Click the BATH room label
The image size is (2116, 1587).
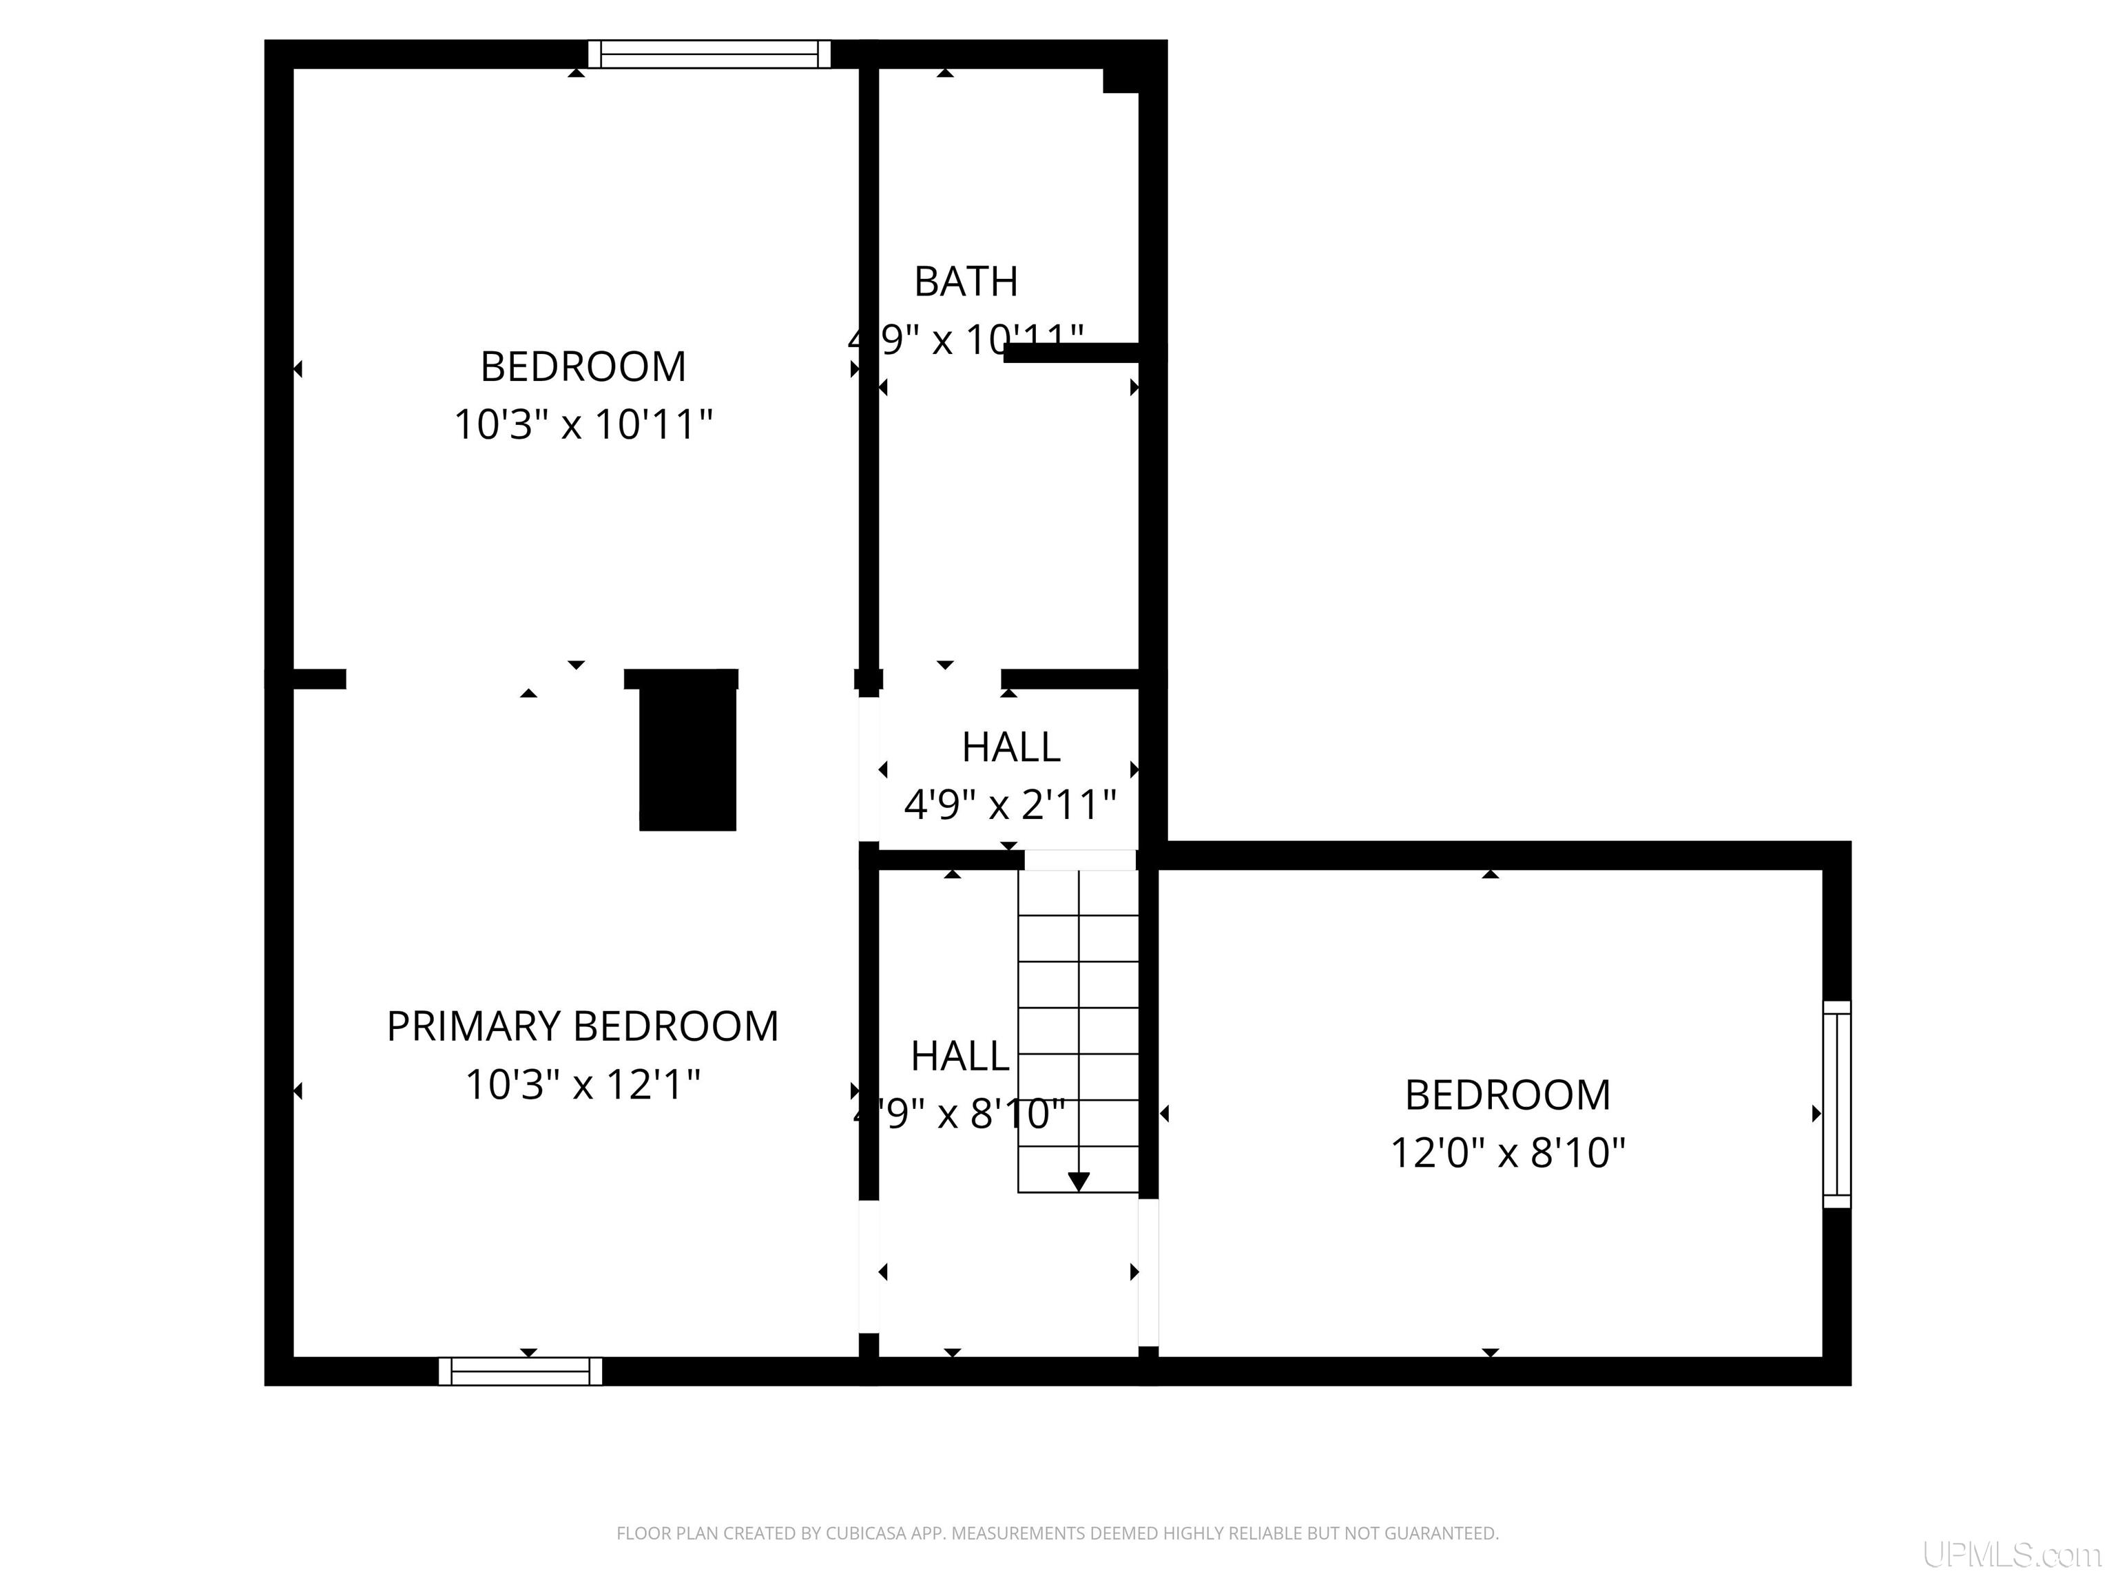pyautogui.click(x=965, y=281)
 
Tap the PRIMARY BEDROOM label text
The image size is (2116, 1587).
pyautogui.click(x=583, y=1026)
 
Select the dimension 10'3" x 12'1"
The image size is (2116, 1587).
pyautogui.click(x=583, y=1085)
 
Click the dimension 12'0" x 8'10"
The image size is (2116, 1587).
pyautogui.click(x=1508, y=1152)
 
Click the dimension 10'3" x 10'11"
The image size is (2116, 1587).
pyautogui.click(x=583, y=424)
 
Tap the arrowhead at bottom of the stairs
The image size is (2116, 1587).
pyautogui.click(x=1078, y=1181)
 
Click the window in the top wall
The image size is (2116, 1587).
pyautogui.click(x=709, y=54)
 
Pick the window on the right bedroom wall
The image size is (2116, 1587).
pyautogui.click(x=1836, y=1104)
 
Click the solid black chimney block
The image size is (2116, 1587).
pyautogui.click(x=687, y=756)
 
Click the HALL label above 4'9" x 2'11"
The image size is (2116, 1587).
pyautogui.click(x=1010, y=747)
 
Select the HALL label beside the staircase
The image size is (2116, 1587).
pyautogui.click(x=960, y=1056)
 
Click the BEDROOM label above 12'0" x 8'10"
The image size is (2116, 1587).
pyautogui.click(x=1508, y=1095)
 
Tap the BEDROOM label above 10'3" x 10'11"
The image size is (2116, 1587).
pyautogui.click(x=583, y=366)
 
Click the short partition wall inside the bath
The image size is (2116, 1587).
pyautogui.click(x=1071, y=353)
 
